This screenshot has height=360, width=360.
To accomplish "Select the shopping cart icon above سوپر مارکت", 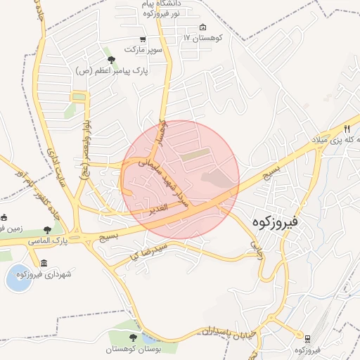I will pyautogui.click(x=143, y=39).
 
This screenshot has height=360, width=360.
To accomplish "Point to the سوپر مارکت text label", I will pyautogui.click(x=143, y=50).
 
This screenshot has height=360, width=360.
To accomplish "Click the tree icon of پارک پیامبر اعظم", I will pyautogui.click(x=110, y=60).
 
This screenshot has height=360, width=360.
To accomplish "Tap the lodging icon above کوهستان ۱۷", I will pyautogui.click(x=203, y=27).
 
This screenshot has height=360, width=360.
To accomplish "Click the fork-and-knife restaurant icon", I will pyautogui.click(x=347, y=129).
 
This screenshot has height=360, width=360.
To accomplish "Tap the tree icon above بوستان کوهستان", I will pyautogui.click(x=134, y=338).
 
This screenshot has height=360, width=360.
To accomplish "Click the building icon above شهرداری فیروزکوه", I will pyautogui.click(x=44, y=263).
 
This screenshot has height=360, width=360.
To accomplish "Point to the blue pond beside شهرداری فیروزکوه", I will pyautogui.click(x=17, y=280).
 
